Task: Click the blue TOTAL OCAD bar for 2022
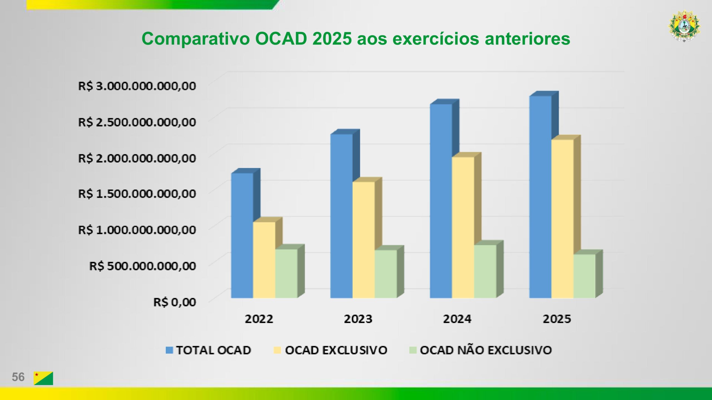click(x=242, y=236)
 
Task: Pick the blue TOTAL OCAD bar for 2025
click(x=540, y=197)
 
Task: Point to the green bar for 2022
click(x=286, y=274)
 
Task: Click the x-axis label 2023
click(x=358, y=319)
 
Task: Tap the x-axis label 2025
click(x=557, y=319)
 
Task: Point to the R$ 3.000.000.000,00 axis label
click(x=137, y=86)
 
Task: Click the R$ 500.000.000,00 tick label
click(x=142, y=266)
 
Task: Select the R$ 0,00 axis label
click(x=175, y=302)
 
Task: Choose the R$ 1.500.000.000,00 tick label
click(x=137, y=194)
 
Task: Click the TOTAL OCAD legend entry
click(x=209, y=350)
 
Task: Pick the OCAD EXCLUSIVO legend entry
click(x=331, y=350)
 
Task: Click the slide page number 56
click(x=18, y=377)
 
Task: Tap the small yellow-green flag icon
click(x=43, y=378)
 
